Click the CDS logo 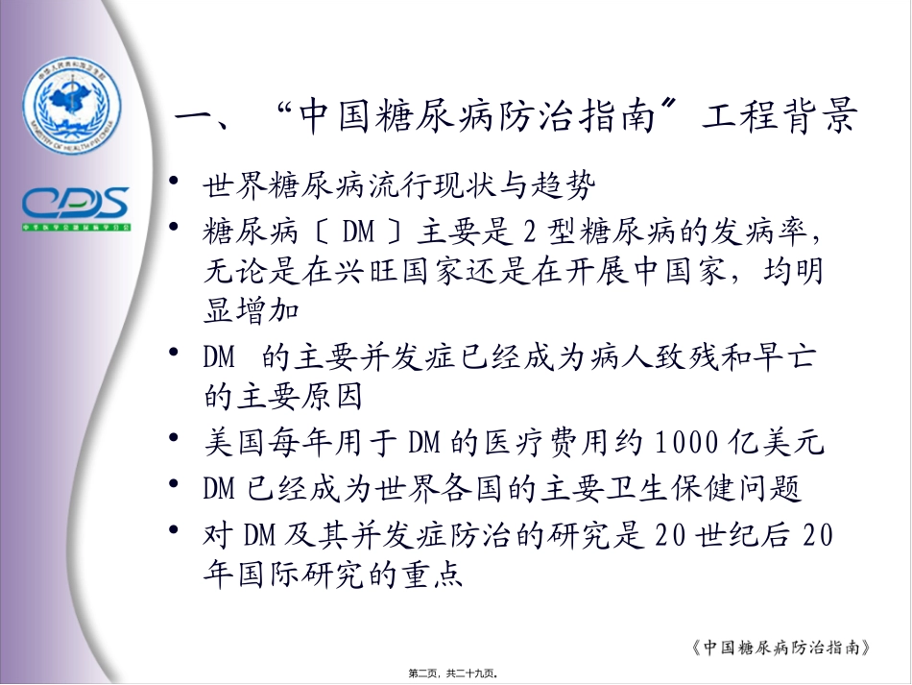pos(76,204)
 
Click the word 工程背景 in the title pos(779,122)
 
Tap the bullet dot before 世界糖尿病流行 pos(174,179)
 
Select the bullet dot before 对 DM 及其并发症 pos(174,530)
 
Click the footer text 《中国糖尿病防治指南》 pos(779,647)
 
